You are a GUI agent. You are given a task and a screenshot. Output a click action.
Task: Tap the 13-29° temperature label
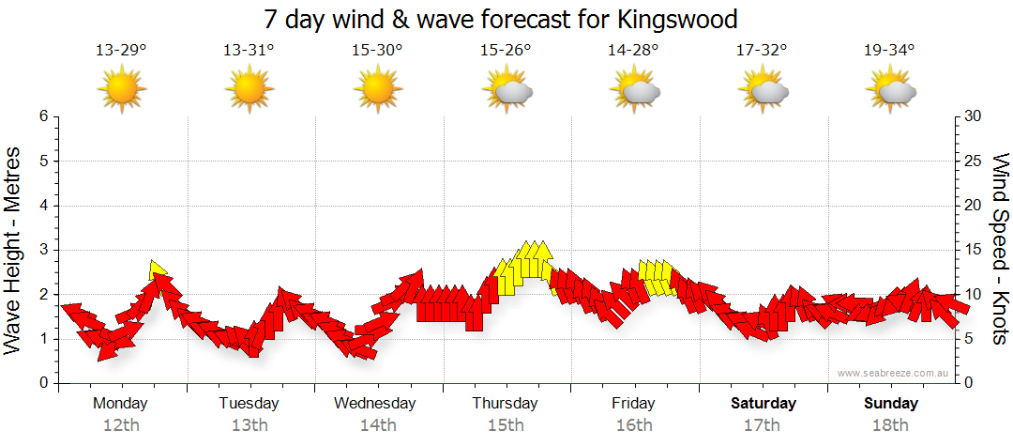(x=121, y=51)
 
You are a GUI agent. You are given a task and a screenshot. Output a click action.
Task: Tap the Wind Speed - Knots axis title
(x=999, y=249)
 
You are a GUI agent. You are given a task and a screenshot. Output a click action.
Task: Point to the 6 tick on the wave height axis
(x=43, y=116)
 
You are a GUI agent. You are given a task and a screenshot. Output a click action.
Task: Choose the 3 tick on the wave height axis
(x=43, y=250)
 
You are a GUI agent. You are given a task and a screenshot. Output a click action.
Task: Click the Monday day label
(x=120, y=404)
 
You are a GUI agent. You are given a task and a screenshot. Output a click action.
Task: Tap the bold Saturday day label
(x=764, y=404)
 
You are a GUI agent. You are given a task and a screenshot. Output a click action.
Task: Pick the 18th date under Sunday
(x=890, y=425)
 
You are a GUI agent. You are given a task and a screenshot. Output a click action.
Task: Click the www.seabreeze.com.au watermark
(x=894, y=374)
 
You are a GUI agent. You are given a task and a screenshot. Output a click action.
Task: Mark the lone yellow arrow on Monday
(x=159, y=269)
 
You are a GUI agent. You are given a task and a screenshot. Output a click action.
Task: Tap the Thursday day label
(x=505, y=404)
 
